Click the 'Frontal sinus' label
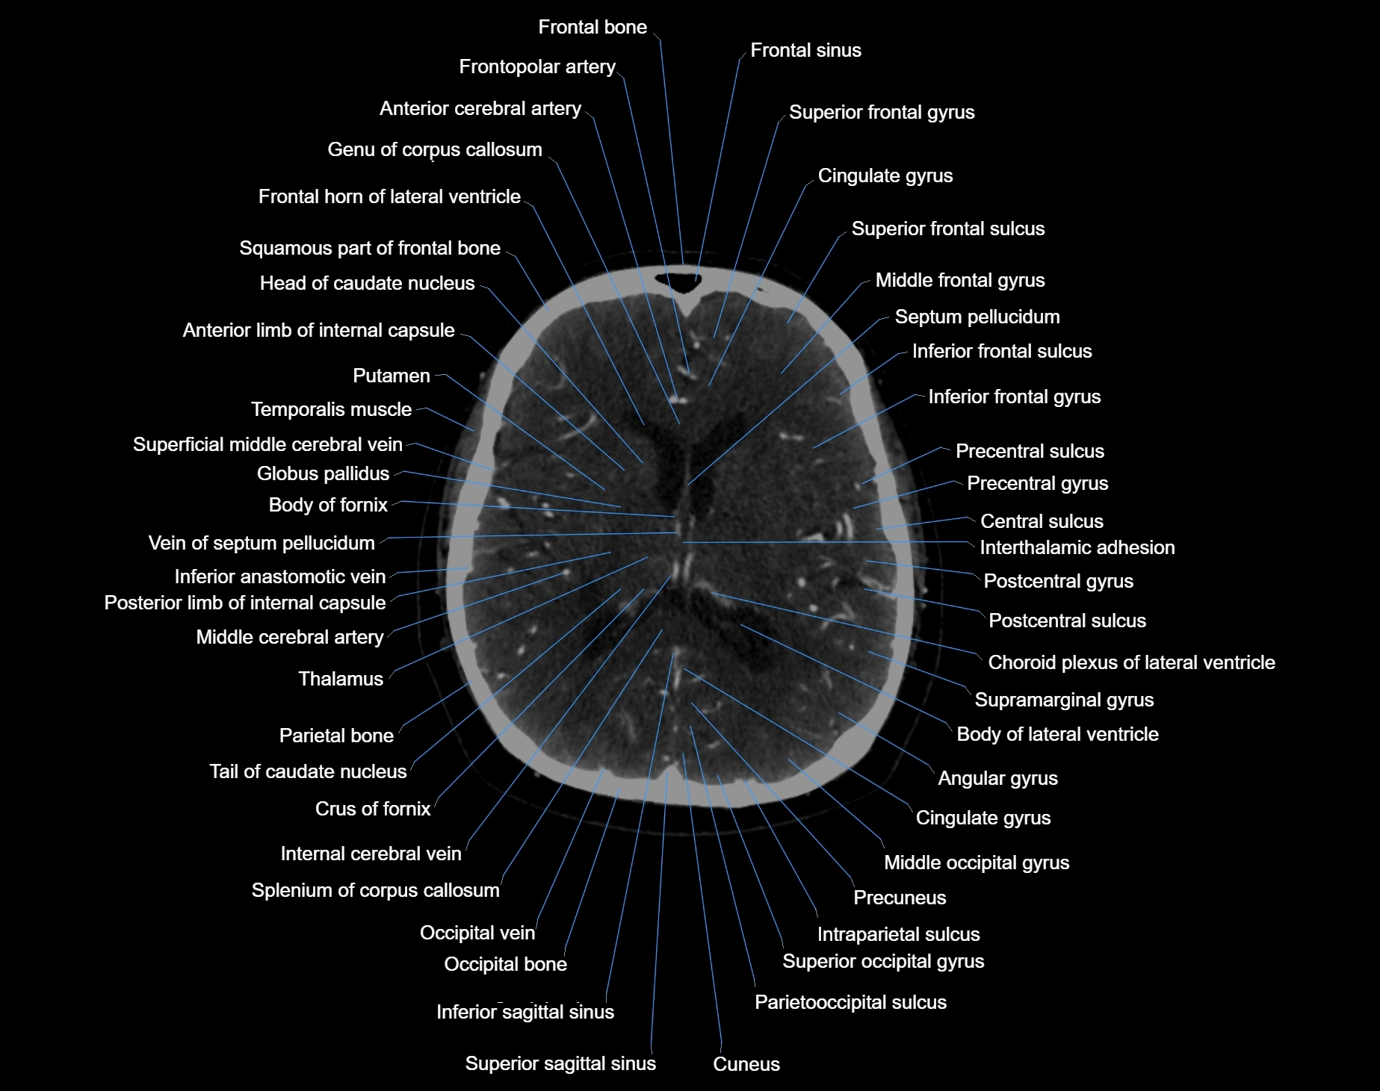pyautogui.click(x=805, y=50)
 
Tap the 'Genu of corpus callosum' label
pyautogui.click(x=434, y=149)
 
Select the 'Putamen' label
pyautogui.click(x=391, y=376)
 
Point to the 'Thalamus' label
pyautogui.click(x=341, y=679)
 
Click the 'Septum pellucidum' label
pyautogui.click(x=977, y=317)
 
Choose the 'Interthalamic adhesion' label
pyautogui.click(x=1077, y=547)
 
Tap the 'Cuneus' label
pyautogui.click(x=746, y=1064)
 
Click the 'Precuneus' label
pyautogui.click(x=900, y=898)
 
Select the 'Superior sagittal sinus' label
pyautogui.click(x=560, y=1063)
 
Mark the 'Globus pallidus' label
pyautogui.click(x=323, y=473)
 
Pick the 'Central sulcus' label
pyautogui.click(x=1042, y=521)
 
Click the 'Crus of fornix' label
pyautogui.click(x=372, y=809)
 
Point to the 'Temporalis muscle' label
pyautogui.click(x=331, y=409)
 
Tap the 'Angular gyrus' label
pyautogui.click(x=997, y=778)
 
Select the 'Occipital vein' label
pyautogui.click(x=477, y=933)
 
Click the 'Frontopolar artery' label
pyautogui.click(x=536, y=66)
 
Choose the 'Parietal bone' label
pyautogui.click(x=336, y=736)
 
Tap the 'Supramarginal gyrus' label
pyautogui.click(x=1064, y=700)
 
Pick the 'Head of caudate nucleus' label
pyautogui.click(x=367, y=283)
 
